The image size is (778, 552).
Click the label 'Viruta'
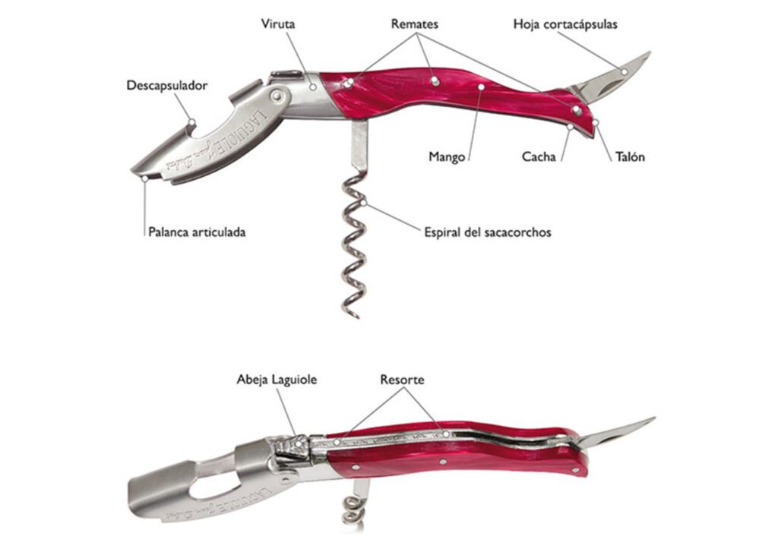click(x=278, y=24)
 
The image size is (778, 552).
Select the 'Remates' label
click(x=414, y=24)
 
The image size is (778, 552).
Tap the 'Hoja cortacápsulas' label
click(x=565, y=24)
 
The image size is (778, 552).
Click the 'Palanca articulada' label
click(x=197, y=232)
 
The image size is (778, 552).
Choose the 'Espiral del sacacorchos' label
click(x=487, y=232)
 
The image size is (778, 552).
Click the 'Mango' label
click(x=447, y=157)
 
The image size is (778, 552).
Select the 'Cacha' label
click(x=539, y=156)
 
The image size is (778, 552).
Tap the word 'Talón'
click(x=630, y=156)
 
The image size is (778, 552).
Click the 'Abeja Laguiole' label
click(x=277, y=380)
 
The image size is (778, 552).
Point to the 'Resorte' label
click(x=403, y=380)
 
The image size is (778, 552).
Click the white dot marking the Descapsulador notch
click(x=192, y=122)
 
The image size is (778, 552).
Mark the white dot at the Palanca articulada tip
click(x=145, y=178)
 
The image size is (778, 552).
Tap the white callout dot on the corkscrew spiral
click(x=364, y=203)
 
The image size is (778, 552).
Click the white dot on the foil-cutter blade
click(x=625, y=72)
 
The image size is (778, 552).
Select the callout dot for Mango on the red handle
click(x=481, y=87)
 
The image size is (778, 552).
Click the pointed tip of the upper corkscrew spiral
click(x=357, y=317)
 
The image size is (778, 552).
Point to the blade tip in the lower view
click(x=654, y=418)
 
